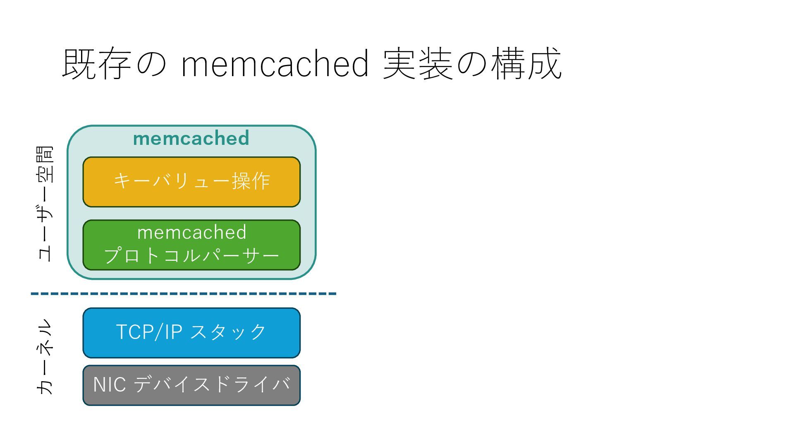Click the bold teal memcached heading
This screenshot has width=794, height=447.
click(191, 138)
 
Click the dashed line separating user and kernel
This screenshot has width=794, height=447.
click(184, 294)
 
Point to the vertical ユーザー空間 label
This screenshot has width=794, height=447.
click(45, 203)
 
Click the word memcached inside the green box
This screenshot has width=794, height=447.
click(192, 232)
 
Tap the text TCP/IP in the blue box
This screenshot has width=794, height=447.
click(149, 332)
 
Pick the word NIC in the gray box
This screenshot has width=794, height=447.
click(110, 385)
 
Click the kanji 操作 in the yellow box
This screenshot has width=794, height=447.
click(251, 181)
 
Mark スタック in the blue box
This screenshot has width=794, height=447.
click(229, 332)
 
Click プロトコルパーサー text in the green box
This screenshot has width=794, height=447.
click(191, 255)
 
